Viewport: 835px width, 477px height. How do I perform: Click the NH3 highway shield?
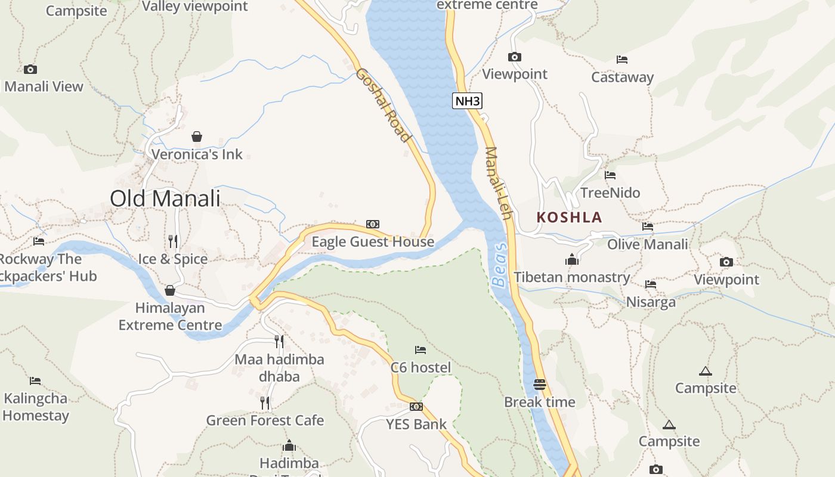[467, 101]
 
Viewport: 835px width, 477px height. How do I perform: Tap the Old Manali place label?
[165, 199]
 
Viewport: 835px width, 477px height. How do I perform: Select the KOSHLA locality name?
[569, 218]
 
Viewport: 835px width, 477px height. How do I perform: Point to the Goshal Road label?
[384, 106]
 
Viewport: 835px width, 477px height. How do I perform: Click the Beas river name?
[500, 265]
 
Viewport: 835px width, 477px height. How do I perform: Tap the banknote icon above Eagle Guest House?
[373, 224]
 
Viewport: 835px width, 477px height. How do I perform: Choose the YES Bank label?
[416, 425]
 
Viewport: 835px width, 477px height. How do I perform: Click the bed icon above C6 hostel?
[420, 350]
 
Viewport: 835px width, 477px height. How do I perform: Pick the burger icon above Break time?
[540, 385]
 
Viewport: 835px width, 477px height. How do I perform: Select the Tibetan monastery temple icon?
[572, 260]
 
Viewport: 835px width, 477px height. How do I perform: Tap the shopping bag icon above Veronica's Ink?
[197, 137]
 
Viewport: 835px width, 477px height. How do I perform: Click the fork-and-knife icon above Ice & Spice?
[173, 241]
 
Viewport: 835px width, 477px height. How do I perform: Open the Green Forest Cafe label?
[265, 420]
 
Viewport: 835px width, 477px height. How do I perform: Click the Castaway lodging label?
[622, 78]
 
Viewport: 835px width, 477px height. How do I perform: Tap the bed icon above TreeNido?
[610, 175]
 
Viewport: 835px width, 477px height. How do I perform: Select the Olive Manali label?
[647, 244]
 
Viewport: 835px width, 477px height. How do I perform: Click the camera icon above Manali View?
[30, 70]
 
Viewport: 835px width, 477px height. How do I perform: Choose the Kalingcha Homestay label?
[36, 407]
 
